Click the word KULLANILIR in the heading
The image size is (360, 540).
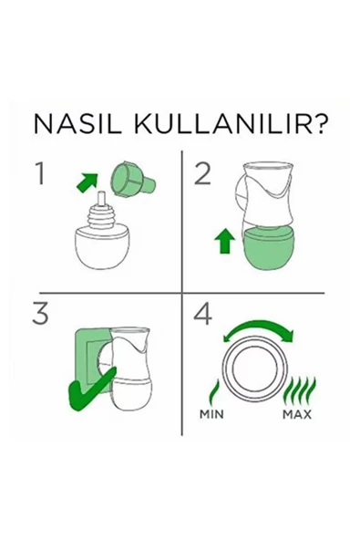[206, 125]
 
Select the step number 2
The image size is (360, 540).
[203, 173]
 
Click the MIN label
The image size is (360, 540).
[211, 412]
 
